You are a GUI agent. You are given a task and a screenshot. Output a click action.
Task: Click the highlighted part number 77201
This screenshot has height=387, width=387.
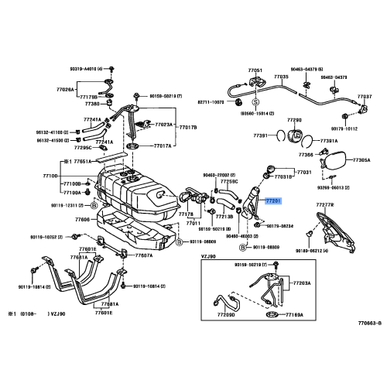pos(274,200)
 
